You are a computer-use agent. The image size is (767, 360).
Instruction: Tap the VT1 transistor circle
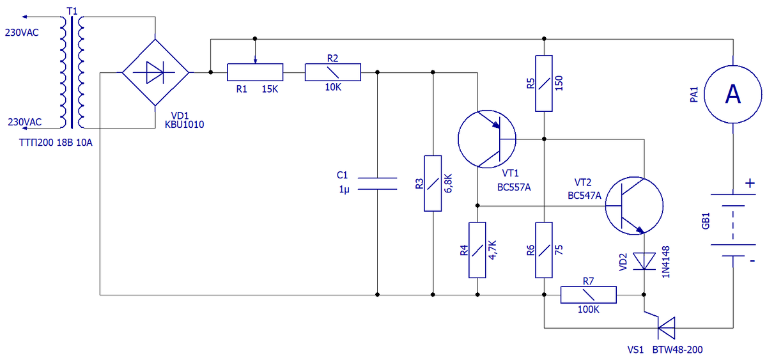[x=458, y=139]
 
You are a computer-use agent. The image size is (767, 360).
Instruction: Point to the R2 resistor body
[x=333, y=72]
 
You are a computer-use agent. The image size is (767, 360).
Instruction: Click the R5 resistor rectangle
[x=544, y=83]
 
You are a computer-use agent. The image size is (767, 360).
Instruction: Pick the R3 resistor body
[x=433, y=184]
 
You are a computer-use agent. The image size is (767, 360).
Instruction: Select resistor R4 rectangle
[x=477, y=250]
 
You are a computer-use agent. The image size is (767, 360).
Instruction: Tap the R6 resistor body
[x=544, y=250]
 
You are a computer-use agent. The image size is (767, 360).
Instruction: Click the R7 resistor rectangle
[x=588, y=295]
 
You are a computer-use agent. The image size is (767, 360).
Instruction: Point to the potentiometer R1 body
[x=255, y=72]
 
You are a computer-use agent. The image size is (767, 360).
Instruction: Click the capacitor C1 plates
[x=377, y=184]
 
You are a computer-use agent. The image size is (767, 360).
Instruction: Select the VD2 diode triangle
[x=644, y=261]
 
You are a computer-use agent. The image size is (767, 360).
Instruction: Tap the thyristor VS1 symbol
[x=666, y=328]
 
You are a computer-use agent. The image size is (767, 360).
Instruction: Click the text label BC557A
[x=514, y=187]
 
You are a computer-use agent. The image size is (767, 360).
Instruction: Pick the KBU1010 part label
[x=184, y=124]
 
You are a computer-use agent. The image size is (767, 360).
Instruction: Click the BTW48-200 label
[x=678, y=350]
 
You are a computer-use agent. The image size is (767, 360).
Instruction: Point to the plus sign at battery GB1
[x=750, y=184]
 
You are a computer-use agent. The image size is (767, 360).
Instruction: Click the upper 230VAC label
[x=22, y=33]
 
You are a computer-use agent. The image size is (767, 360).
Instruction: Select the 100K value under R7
[x=588, y=309]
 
